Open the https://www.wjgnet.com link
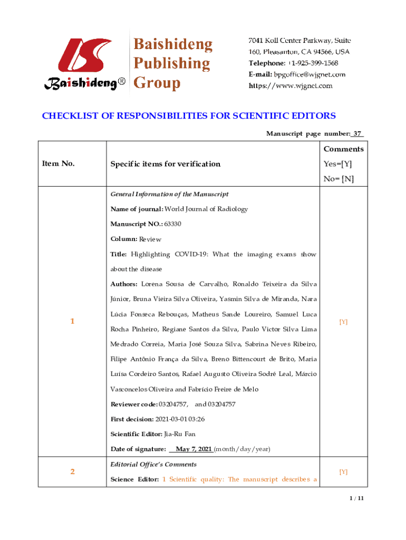291,85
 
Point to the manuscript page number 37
357,134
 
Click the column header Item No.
58,163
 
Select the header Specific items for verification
165,164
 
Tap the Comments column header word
343,149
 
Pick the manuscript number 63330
173,224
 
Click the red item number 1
72,321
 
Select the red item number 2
72,471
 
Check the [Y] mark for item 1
343,321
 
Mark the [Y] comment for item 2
343,472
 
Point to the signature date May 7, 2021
194,449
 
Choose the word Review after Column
150,239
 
